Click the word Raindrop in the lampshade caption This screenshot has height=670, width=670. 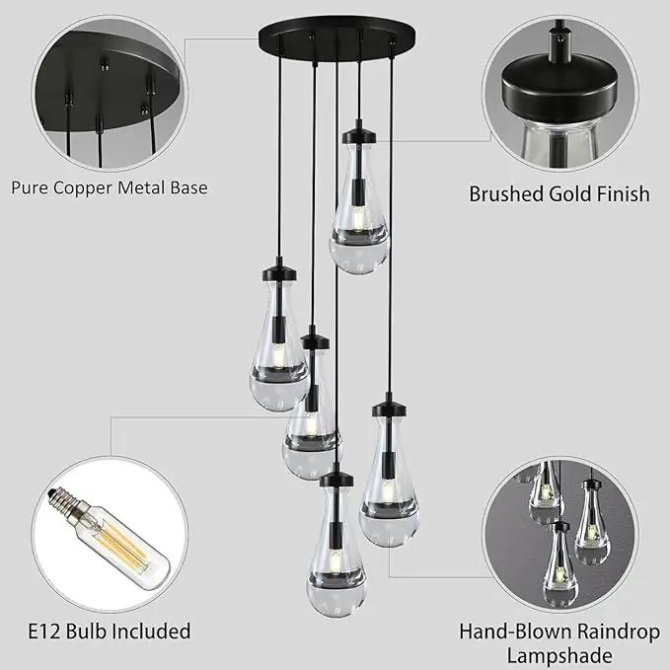coord(619,632)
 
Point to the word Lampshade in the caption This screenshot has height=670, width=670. coord(559,655)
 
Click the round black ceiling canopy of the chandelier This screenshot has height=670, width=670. coord(338,37)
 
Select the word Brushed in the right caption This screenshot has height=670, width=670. coord(506,194)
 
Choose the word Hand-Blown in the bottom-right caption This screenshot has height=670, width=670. coord(516,632)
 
